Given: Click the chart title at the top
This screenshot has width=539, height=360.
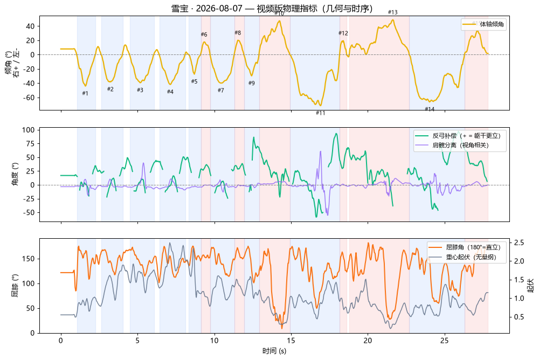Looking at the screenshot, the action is pyautogui.click(x=272, y=8).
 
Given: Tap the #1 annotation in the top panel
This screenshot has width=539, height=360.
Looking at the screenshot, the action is pyautogui.click(x=85, y=93).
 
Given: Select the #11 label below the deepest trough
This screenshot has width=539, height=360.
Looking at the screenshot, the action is pyautogui.click(x=320, y=113).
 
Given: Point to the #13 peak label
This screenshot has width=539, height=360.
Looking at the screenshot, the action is pyautogui.click(x=392, y=12).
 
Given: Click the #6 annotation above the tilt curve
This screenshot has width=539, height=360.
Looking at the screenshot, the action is pyautogui.click(x=204, y=34).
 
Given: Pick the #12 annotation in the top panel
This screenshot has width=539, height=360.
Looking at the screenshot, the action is pyautogui.click(x=343, y=33).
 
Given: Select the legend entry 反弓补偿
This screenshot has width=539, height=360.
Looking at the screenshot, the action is pyautogui.click(x=466, y=136).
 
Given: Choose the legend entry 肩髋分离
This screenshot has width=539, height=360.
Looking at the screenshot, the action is pyautogui.click(x=461, y=145).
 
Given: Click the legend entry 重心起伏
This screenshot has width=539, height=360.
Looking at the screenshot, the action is pyautogui.click(x=471, y=257).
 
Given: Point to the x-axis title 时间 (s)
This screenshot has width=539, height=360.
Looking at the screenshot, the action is pyautogui.click(x=274, y=351).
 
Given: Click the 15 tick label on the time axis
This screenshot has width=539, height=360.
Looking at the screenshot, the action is pyautogui.click(x=291, y=341).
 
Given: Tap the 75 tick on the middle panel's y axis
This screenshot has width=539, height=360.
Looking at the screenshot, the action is pyautogui.click(x=31, y=144).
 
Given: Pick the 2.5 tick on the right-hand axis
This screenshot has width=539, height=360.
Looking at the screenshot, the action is pyautogui.click(x=519, y=243).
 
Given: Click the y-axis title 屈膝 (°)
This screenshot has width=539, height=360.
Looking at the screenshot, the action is pyautogui.click(x=15, y=286).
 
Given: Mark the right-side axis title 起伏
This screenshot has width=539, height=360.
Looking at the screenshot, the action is pyautogui.click(x=531, y=286).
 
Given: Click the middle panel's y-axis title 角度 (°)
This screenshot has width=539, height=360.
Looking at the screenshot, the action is pyautogui.click(x=15, y=174).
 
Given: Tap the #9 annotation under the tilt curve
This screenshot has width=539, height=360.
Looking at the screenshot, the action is pyautogui.click(x=252, y=83).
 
